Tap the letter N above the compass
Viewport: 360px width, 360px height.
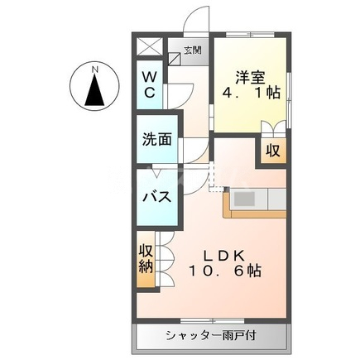[96, 68]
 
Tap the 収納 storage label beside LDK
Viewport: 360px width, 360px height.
[146, 258]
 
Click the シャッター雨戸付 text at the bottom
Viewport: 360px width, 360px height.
[212, 335]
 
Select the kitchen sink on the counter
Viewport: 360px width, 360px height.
[246, 199]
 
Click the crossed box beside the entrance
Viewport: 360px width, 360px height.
[150, 48]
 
